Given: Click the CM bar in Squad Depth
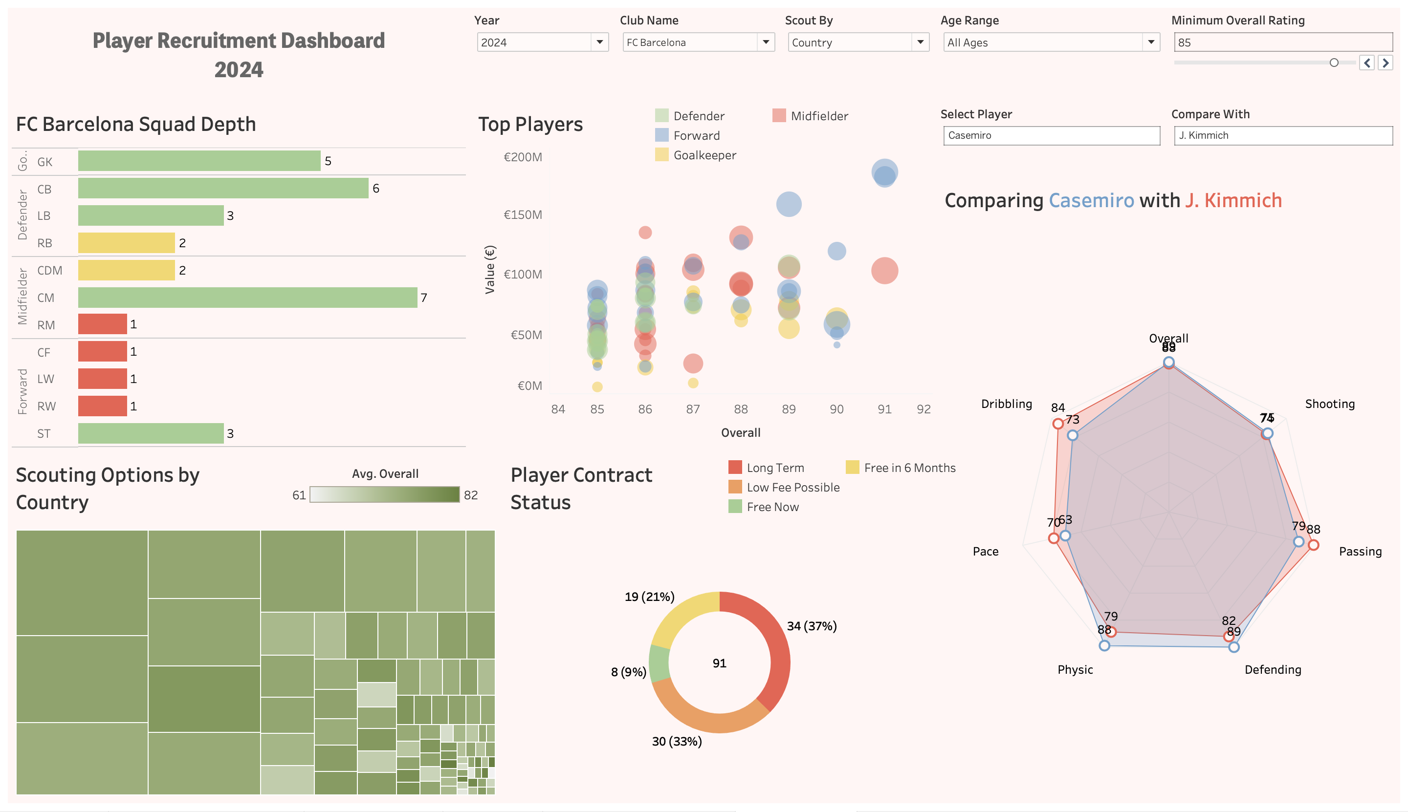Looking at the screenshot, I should coord(247,297).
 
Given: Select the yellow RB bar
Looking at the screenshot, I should coord(126,243).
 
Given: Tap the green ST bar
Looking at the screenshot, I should coord(151,433).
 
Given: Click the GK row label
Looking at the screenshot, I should coord(44,162).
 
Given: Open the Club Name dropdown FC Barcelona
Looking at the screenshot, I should coord(698,43).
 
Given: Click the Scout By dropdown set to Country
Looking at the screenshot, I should coord(858,43).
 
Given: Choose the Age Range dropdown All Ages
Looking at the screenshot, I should coord(1051,43).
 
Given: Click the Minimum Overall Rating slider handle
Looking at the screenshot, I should coord(1334,63).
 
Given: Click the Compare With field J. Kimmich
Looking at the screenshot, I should coord(1282,135).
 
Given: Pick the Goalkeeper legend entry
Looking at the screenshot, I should coord(704,155).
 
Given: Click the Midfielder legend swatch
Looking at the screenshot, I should coord(779,115).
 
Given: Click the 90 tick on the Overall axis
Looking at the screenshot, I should coord(836,409).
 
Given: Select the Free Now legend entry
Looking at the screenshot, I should coord(772,507).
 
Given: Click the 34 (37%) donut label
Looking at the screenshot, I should coord(812,626).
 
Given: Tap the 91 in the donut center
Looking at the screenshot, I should coord(719,663).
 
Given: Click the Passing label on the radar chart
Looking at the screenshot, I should coord(1360,552).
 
